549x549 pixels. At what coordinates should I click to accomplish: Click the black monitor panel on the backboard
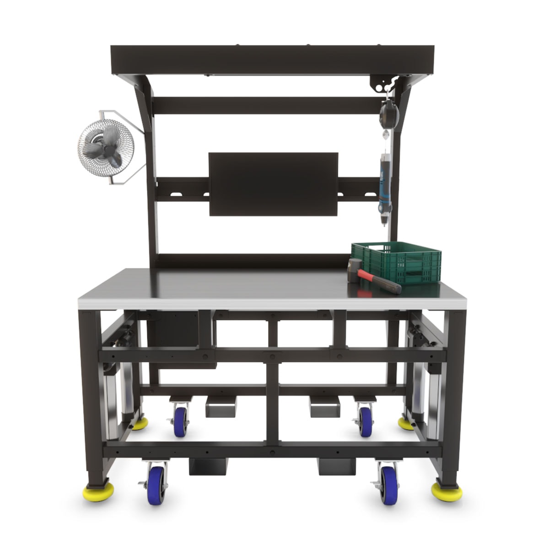273,184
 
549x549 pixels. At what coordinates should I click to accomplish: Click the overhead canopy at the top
272,60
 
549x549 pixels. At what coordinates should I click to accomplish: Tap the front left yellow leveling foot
97,492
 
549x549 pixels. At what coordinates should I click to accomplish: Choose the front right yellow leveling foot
446,491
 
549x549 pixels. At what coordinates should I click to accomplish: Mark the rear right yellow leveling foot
405,424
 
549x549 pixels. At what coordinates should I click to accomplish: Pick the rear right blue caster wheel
365,420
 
